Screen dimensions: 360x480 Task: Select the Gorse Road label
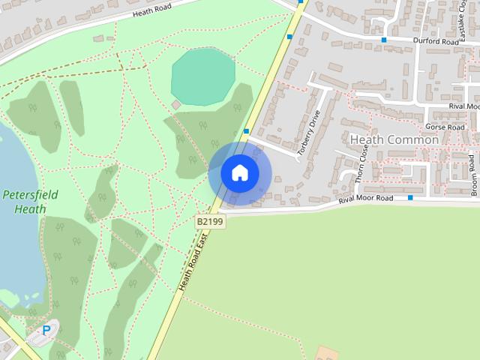445,127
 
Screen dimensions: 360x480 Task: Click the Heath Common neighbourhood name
394,139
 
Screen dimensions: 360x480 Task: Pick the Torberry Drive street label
308,133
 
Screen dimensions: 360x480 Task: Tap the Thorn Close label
361,164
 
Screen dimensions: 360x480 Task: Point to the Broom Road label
473,175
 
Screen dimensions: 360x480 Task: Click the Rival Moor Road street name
365,199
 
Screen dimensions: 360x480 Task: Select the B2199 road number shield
210,221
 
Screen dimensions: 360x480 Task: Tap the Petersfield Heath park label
25,201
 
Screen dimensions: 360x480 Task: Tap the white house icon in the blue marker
240,173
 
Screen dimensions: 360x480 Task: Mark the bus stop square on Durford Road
384,40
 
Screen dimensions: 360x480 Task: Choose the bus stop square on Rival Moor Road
410,198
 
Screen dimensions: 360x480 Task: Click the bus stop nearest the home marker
246,131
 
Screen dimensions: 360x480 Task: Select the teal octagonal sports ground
202,75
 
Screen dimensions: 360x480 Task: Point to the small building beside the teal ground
176,105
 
